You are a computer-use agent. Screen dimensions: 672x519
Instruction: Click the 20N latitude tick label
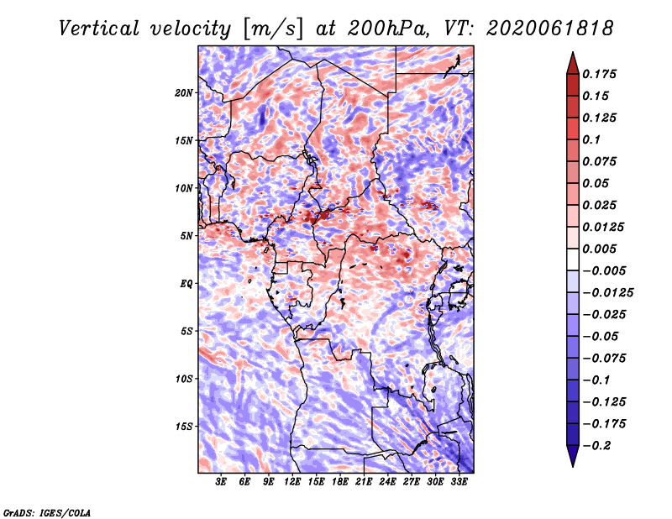point(184,93)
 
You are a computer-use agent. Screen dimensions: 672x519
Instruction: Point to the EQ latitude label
point(186,284)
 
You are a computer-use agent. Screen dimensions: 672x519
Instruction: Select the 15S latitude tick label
point(184,427)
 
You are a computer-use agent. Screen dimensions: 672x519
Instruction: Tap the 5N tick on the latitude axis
point(186,236)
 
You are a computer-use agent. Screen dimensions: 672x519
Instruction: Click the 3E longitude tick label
point(221,482)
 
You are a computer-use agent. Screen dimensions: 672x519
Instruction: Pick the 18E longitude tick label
point(340,482)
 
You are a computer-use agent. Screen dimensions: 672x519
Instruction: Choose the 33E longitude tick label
point(459,482)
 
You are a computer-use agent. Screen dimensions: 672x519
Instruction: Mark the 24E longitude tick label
point(387,482)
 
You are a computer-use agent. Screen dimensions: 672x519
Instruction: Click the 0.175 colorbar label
point(599,74)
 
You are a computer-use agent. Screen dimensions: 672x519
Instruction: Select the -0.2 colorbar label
point(596,446)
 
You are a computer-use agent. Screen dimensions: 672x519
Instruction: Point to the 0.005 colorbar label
point(599,249)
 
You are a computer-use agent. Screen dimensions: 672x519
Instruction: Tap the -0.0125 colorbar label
point(607,293)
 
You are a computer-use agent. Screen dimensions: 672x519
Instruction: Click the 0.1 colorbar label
point(591,139)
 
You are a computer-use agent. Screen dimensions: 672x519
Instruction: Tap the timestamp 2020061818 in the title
point(550,29)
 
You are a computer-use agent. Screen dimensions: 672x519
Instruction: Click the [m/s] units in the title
point(274,29)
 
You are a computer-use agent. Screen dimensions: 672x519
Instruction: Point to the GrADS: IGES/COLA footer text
point(47,512)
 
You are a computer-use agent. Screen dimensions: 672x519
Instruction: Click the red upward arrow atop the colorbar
point(573,63)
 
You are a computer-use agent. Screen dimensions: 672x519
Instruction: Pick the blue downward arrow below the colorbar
point(573,456)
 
